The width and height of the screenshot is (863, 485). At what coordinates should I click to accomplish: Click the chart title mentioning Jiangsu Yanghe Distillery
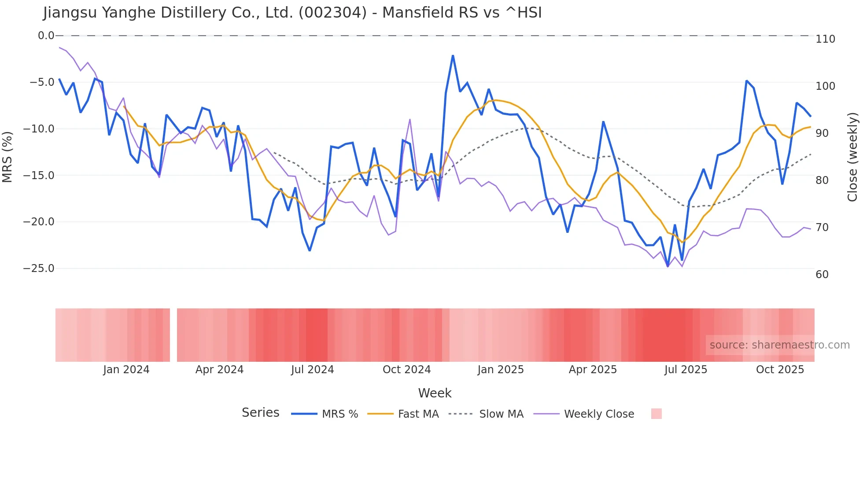[292, 13]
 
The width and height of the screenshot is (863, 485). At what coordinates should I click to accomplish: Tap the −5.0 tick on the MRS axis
[42, 82]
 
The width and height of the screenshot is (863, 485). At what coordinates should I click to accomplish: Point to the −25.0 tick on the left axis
[39, 268]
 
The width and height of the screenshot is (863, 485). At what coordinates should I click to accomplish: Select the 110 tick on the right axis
[825, 39]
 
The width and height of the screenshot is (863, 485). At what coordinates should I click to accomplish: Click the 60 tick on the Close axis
[822, 275]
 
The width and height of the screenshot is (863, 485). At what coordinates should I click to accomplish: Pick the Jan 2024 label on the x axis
[126, 370]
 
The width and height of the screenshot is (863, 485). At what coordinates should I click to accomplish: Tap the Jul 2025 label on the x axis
[686, 370]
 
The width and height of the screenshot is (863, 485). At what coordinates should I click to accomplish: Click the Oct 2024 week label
[406, 370]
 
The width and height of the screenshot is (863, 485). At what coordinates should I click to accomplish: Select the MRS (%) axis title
[7, 157]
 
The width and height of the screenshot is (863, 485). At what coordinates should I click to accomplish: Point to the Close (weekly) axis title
[852, 157]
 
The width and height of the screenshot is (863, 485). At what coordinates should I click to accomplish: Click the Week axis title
[435, 393]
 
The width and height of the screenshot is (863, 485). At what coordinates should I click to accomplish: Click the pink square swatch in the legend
[656, 414]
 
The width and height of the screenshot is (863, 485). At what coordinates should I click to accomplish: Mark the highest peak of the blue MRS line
[453, 56]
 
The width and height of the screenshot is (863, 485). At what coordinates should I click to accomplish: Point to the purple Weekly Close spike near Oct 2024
[410, 119]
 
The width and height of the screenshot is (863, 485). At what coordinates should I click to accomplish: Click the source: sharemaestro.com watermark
[779, 345]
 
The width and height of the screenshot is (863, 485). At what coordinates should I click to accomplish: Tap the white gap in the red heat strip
[173, 335]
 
